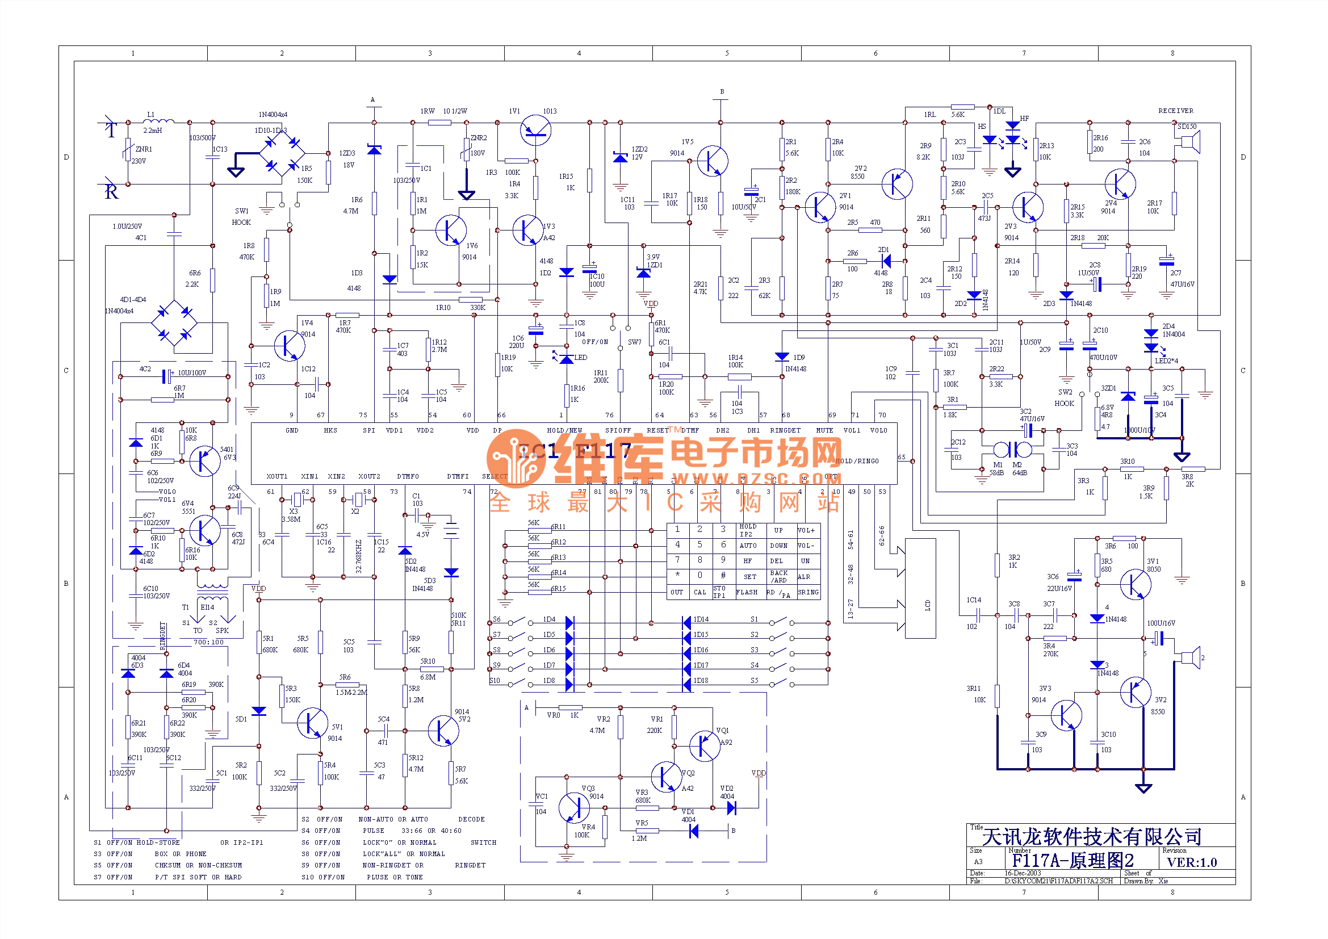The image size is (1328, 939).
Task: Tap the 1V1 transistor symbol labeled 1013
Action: (535, 131)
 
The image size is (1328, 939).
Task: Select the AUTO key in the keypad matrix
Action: (748, 546)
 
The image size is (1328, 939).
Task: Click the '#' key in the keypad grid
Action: (723, 576)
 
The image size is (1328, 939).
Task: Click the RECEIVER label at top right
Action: (1175, 111)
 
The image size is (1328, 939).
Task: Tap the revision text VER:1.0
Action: (1192, 863)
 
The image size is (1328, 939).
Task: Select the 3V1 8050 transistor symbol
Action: (1135, 585)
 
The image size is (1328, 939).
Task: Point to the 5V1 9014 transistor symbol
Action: (312, 723)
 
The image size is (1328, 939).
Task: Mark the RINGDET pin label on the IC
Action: (785, 431)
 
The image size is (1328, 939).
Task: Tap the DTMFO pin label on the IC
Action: (408, 477)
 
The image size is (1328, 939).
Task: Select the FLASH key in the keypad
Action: (747, 593)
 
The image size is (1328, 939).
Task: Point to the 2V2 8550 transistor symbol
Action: (896, 185)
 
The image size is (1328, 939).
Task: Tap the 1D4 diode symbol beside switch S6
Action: (569, 623)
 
